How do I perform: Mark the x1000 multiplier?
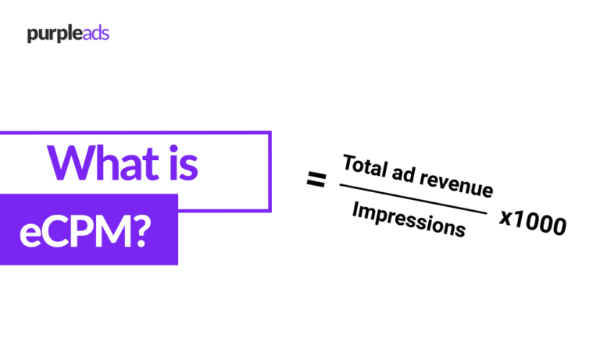click(x=532, y=224)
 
